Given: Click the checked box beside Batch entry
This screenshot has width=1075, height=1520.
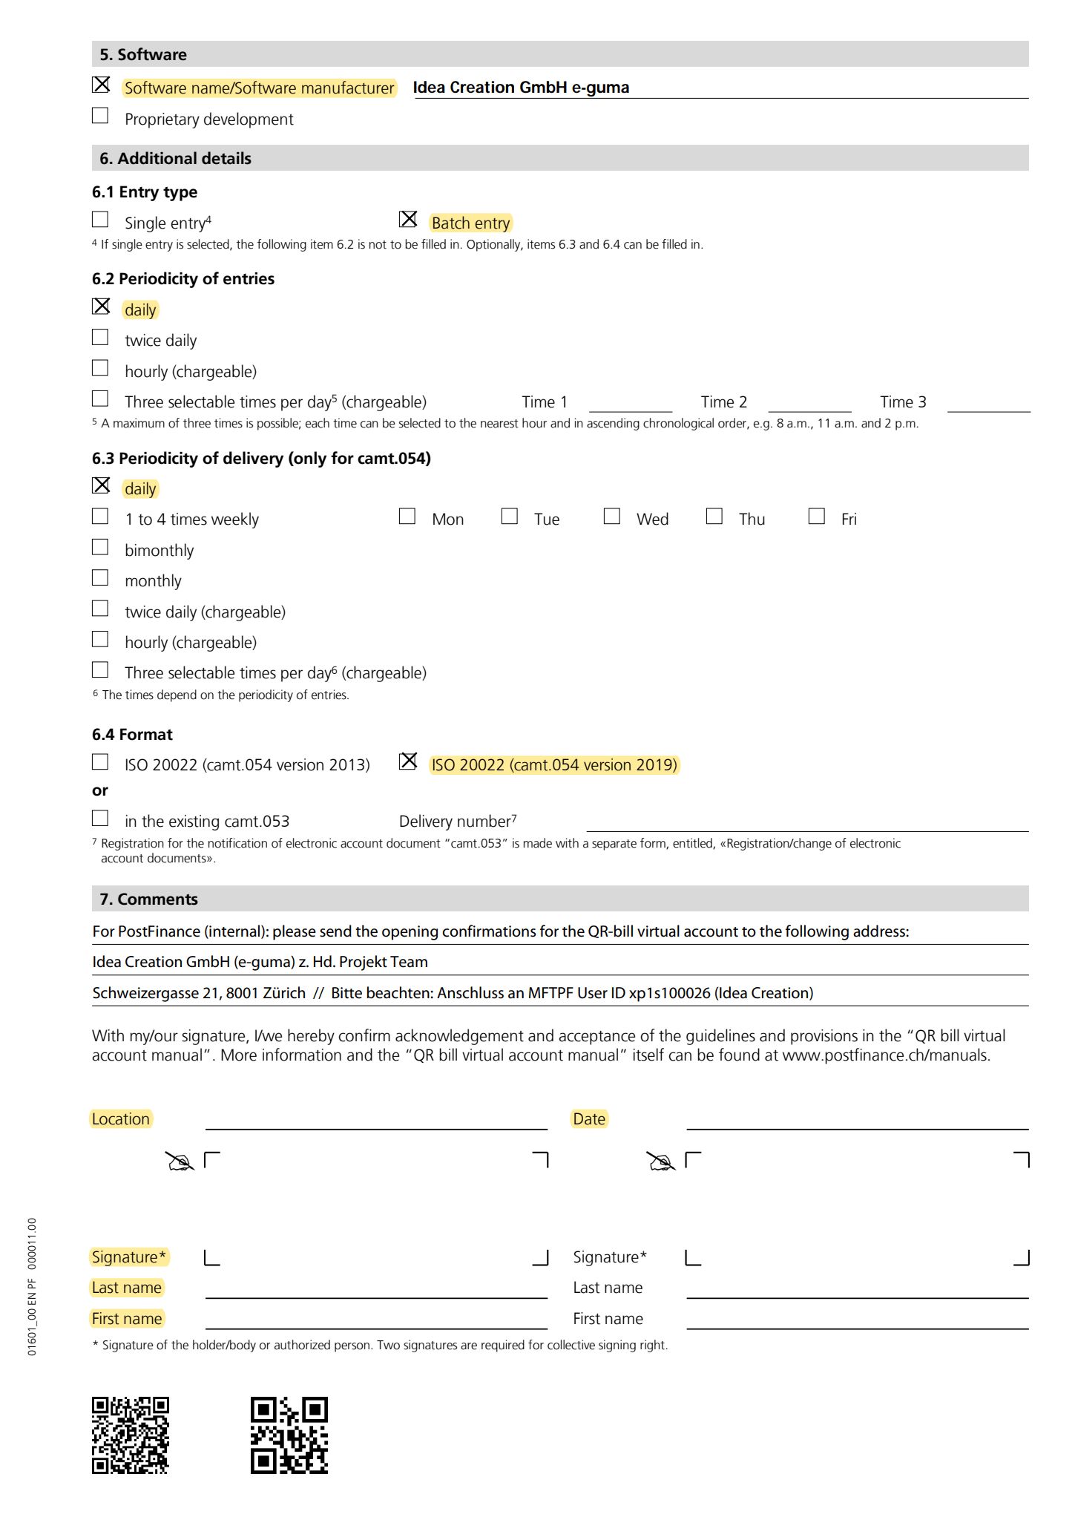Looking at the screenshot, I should pyautogui.click(x=408, y=220).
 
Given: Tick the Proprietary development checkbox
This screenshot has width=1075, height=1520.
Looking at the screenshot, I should pyautogui.click(x=100, y=116).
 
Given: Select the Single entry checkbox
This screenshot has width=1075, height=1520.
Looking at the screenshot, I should pyautogui.click(x=100, y=220).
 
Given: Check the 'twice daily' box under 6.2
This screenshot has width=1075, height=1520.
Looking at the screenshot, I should pyautogui.click(x=100, y=338).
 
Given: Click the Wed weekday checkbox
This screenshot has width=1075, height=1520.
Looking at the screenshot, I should pyautogui.click(x=612, y=517).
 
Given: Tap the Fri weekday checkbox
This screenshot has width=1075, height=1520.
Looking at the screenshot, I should pyautogui.click(x=817, y=517).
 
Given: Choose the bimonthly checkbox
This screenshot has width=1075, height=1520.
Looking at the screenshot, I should pyautogui.click(x=100, y=548).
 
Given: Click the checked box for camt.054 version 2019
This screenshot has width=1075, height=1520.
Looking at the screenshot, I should pyautogui.click(x=408, y=761).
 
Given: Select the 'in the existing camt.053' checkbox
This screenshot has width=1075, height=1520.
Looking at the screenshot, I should pyautogui.click(x=100, y=819).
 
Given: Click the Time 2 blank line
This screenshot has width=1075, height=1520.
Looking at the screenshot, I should pyautogui.click(x=809, y=404).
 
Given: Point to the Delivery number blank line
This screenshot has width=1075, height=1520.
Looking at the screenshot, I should pyautogui.click(x=807, y=824).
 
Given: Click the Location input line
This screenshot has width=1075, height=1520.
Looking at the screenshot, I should pyautogui.click(x=376, y=1121).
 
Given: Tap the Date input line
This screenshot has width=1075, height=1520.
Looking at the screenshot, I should pyautogui.click(x=858, y=1121).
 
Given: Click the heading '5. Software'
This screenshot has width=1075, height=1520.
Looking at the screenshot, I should pyautogui.click(x=143, y=54).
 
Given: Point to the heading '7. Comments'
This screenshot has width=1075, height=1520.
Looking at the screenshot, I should pyautogui.click(x=149, y=900).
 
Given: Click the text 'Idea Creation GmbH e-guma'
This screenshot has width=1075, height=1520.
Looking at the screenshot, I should pyautogui.click(x=521, y=88).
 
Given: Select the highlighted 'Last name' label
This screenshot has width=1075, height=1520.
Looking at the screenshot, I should pyautogui.click(x=127, y=1288).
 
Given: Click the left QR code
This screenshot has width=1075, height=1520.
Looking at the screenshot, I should pyautogui.click(x=131, y=1435).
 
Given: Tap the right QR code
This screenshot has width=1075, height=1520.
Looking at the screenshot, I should pyautogui.click(x=289, y=1435).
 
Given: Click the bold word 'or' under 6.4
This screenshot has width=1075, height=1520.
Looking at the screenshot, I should pyautogui.click(x=100, y=790).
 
